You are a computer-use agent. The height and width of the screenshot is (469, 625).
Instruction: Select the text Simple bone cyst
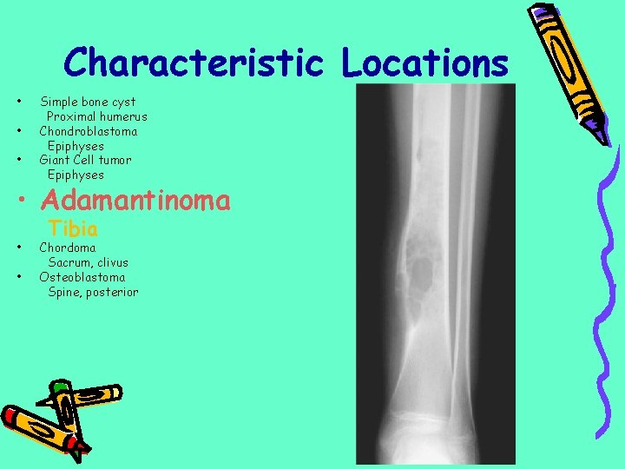point(88,102)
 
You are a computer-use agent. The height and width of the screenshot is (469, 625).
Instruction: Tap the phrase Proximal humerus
point(96,116)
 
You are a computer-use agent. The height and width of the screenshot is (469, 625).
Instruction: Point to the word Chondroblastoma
point(88,131)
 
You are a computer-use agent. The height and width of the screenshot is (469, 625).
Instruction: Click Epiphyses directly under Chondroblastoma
point(76,146)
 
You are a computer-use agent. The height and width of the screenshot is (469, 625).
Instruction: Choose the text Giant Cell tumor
point(85,160)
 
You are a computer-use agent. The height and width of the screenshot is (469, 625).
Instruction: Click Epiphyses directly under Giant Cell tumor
point(76,175)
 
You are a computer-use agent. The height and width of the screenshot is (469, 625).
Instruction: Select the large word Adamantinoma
point(135,201)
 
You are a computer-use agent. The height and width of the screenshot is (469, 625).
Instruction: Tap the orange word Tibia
point(73,229)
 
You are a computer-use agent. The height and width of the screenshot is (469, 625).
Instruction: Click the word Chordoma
point(68,248)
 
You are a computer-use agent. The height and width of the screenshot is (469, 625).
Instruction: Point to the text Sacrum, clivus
point(88,262)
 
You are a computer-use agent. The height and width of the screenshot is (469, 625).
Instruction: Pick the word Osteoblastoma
point(82,277)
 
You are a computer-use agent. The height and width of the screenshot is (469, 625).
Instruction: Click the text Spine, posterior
point(93,292)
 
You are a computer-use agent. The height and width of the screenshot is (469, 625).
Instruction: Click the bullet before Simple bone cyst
point(19,102)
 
